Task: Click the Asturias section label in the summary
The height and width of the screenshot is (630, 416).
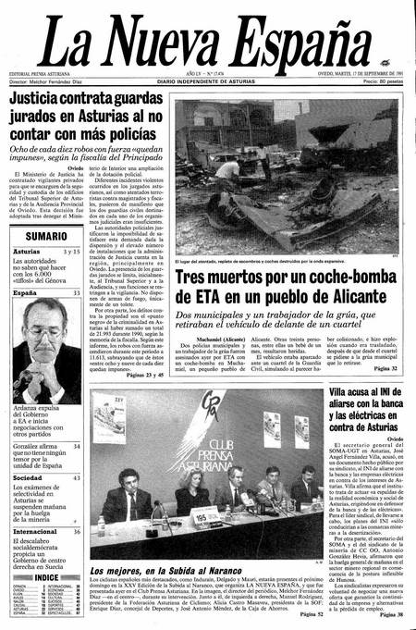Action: pyautogui.click(x=27, y=252)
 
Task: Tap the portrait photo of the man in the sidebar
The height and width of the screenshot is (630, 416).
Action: pyautogui.click(x=46, y=352)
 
